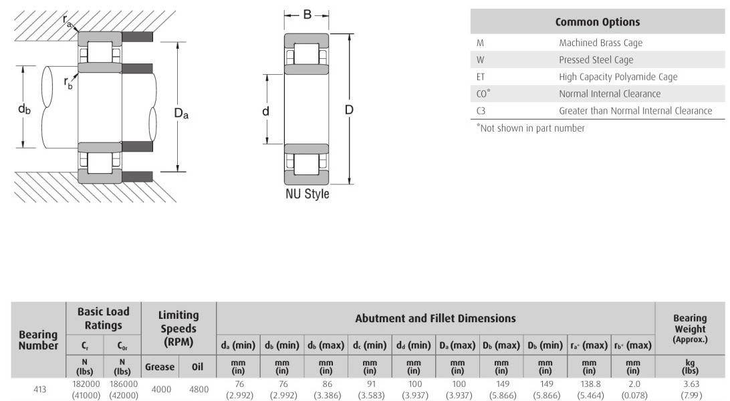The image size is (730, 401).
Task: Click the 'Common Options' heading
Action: tap(598, 22)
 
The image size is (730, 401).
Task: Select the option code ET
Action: tap(481, 77)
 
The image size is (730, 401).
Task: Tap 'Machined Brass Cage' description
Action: tap(600, 43)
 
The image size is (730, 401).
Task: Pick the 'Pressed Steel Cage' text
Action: tap(596, 59)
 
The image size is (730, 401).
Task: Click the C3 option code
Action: tap(481, 111)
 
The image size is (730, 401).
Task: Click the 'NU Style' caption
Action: tap(308, 194)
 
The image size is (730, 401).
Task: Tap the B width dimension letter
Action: tap(308, 15)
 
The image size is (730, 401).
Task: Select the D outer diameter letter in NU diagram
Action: tap(349, 110)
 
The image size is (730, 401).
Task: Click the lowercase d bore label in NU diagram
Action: tap(265, 111)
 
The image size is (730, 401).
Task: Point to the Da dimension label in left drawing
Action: tap(181, 113)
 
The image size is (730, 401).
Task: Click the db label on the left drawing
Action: tap(24, 110)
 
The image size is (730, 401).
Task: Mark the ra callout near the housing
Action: tap(67, 21)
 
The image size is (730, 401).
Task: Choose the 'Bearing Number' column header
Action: tap(38, 340)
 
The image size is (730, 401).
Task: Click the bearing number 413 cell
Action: tap(39, 390)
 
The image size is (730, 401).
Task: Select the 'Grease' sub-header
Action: tap(160, 367)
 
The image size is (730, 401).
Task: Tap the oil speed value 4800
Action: tap(199, 390)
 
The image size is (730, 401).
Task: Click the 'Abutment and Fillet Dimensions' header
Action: tap(435, 318)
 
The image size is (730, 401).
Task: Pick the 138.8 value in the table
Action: tap(590, 384)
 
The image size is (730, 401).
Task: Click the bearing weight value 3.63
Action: tap(691, 384)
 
